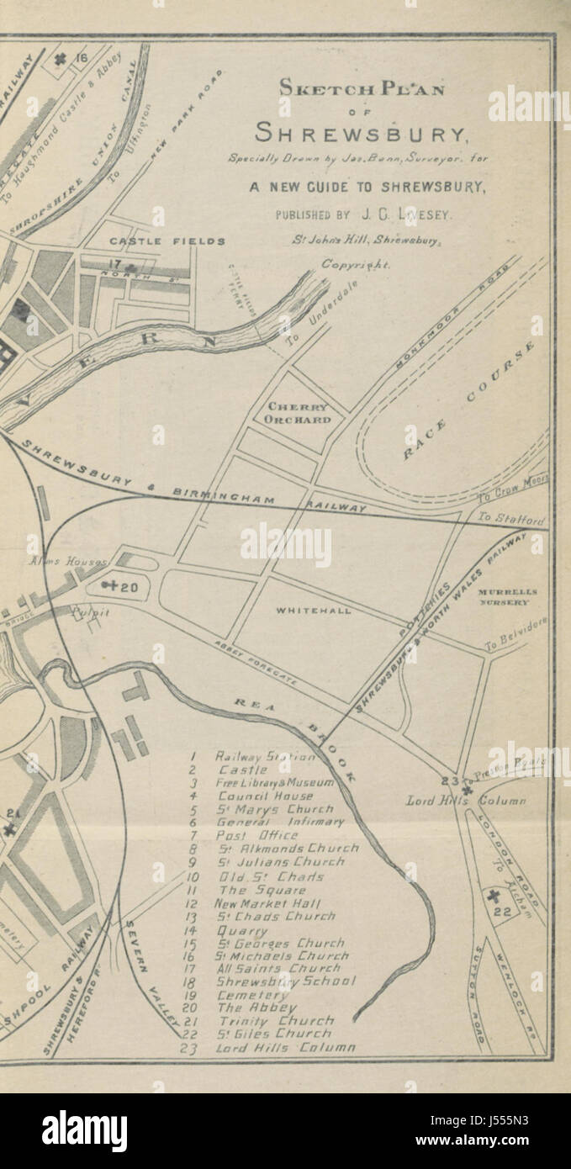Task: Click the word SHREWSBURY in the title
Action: click(x=362, y=133)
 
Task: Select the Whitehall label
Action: click(x=313, y=611)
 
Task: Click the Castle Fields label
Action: click(x=167, y=241)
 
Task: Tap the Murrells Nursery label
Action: click(x=507, y=596)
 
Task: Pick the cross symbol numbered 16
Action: click(x=61, y=59)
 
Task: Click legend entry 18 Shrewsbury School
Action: click(x=285, y=981)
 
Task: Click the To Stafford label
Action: click(x=510, y=519)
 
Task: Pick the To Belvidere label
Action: click(x=515, y=632)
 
